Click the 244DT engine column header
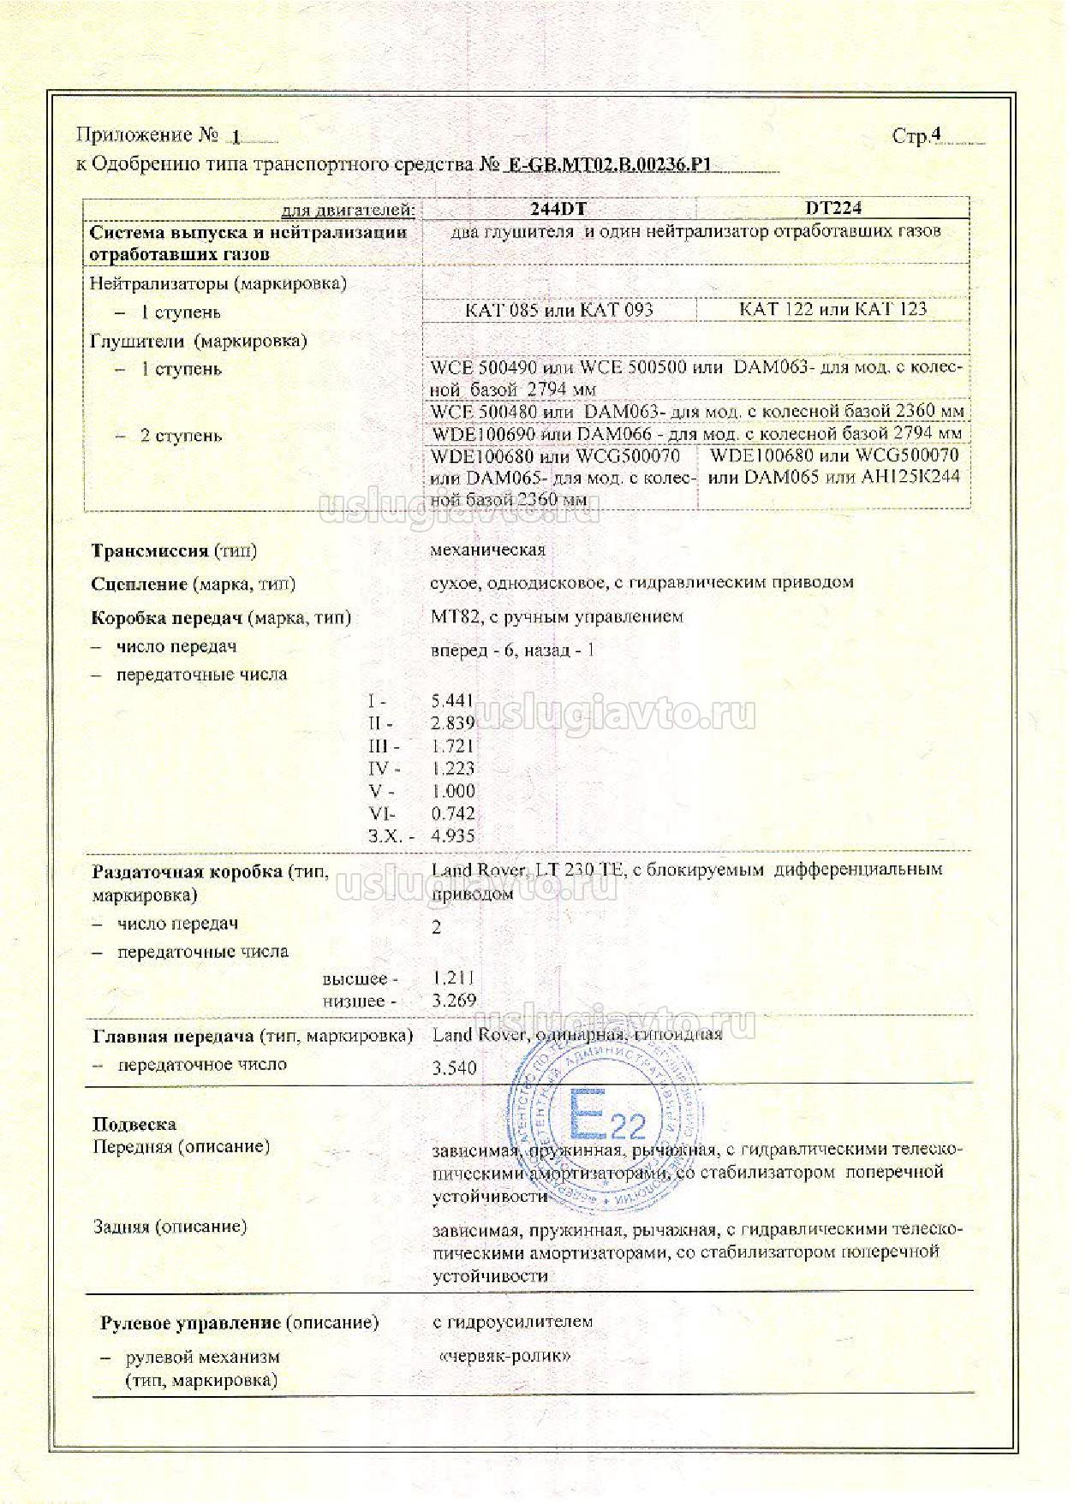(x=558, y=208)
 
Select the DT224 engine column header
(x=832, y=208)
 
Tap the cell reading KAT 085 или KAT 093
(x=558, y=309)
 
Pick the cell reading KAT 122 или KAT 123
(x=832, y=309)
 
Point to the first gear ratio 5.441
(x=453, y=700)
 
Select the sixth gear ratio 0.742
(x=453, y=813)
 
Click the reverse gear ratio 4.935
(x=453, y=835)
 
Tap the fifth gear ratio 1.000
(x=453, y=791)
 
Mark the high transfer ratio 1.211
(x=453, y=978)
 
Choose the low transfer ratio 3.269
(x=454, y=1001)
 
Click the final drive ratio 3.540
(x=454, y=1067)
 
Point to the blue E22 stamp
(x=606, y=1121)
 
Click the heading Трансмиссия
(x=150, y=550)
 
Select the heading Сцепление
(x=139, y=584)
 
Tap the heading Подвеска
(x=134, y=1124)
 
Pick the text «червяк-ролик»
(x=503, y=1356)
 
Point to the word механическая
(x=488, y=550)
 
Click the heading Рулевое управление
(x=191, y=1323)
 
